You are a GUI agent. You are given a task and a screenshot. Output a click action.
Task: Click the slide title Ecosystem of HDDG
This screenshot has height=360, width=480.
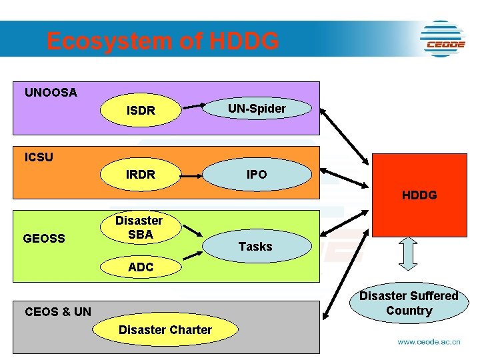point(163,41)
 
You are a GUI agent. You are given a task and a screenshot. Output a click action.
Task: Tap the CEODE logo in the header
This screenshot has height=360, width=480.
point(442,39)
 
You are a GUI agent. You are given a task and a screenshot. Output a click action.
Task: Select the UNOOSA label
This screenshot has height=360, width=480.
point(51,93)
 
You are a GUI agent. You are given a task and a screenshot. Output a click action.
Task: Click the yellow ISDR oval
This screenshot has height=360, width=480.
point(141,110)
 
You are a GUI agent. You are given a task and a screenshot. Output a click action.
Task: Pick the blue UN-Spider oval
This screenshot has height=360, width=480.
point(257,108)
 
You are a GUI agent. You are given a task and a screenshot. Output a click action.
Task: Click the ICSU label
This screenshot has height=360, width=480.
point(39,157)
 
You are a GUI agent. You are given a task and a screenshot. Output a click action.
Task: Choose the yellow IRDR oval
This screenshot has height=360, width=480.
point(141,175)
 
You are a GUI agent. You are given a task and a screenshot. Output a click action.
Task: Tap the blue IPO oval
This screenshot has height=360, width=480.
point(257,174)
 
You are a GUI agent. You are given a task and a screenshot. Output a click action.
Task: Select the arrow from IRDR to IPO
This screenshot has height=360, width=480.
point(192,176)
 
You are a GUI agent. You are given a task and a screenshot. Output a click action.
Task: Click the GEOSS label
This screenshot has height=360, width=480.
point(44,238)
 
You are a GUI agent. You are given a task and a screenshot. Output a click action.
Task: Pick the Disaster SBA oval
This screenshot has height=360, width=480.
point(140,227)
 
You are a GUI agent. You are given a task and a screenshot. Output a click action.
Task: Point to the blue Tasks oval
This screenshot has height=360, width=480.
point(256,246)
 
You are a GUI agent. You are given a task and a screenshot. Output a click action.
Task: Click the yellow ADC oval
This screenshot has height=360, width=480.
point(141,267)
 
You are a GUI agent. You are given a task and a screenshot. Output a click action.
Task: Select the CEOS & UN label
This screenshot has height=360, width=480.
point(58,311)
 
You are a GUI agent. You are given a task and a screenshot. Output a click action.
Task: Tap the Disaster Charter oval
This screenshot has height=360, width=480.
point(165,329)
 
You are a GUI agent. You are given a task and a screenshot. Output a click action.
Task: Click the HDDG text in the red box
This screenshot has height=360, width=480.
point(419,195)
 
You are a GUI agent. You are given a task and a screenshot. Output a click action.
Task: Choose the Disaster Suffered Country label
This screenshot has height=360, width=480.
point(409,303)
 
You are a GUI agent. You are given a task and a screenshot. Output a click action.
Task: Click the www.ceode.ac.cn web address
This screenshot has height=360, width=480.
point(429,342)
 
